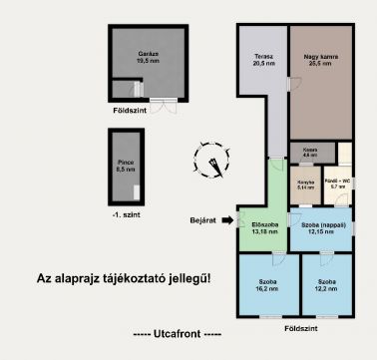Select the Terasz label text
(x=263, y=61)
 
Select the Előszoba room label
(x=264, y=230)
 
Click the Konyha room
(x=306, y=184)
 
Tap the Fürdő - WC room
(x=337, y=184)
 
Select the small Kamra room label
(x=310, y=154)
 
